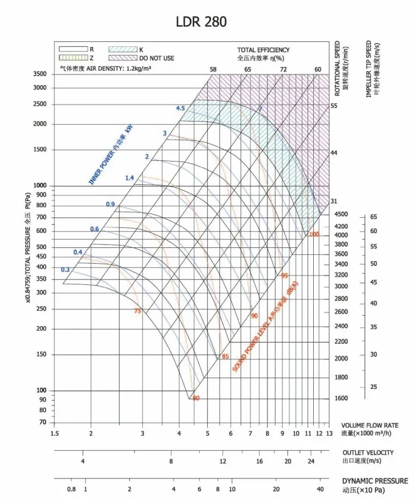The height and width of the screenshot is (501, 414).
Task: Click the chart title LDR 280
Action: pyautogui.click(x=201, y=22)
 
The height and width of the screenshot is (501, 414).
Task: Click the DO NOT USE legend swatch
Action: pyautogui.click(x=123, y=58)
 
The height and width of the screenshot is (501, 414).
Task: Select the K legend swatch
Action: pyautogui.click(x=123, y=49)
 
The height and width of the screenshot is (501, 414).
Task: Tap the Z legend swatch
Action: pyautogui.click(x=72, y=58)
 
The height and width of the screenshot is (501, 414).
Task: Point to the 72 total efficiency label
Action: pyautogui.click(x=283, y=69)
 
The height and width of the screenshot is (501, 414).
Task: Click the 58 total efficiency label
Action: pyautogui.click(x=213, y=69)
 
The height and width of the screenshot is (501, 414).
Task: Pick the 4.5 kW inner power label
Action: pyautogui.click(x=180, y=108)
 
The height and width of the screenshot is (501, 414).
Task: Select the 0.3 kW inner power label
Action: pyautogui.click(x=65, y=270)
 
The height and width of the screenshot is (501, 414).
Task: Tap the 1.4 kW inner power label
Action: pyautogui.click(x=130, y=178)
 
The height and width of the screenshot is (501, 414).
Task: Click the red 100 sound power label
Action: pyautogui.click(x=314, y=234)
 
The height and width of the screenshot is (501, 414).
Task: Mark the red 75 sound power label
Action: pyautogui.click(x=137, y=311)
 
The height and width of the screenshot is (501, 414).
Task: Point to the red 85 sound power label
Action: pyautogui.click(x=225, y=357)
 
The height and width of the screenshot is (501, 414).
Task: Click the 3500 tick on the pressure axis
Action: pyautogui.click(x=39, y=74)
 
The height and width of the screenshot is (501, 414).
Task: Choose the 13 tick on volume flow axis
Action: pyautogui.click(x=329, y=433)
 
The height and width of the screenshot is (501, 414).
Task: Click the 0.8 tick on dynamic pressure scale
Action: pyautogui.click(x=71, y=489)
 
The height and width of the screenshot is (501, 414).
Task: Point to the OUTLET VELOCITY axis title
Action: pyautogui.click(x=368, y=452)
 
